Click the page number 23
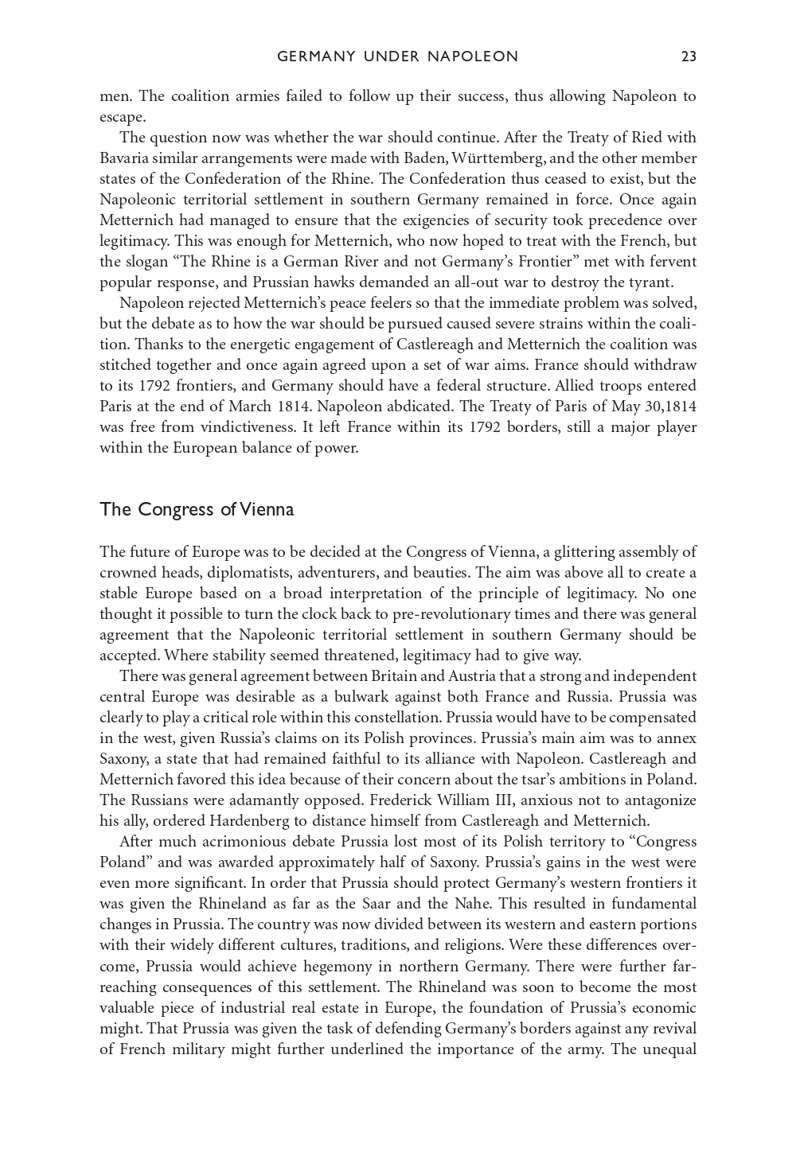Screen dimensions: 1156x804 point(689,56)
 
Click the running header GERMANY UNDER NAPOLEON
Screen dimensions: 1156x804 point(397,56)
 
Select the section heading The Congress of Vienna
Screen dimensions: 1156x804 point(197,510)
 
